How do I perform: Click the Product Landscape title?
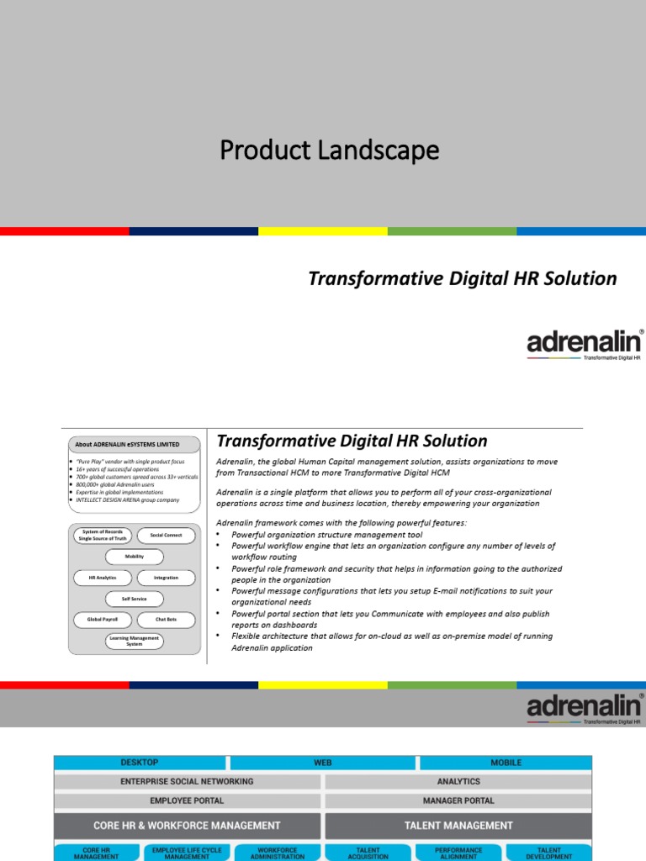[x=329, y=151]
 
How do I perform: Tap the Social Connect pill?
[x=166, y=535]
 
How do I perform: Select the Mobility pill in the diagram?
[x=134, y=557]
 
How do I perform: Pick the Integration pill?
[x=166, y=578]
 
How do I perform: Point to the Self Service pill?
[x=134, y=599]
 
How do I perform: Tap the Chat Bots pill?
[x=166, y=620]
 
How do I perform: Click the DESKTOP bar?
[x=140, y=763]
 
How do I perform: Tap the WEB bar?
[x=323, y=763]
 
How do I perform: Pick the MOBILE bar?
[x=506, y=763]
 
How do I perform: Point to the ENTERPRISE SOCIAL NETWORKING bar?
[x=187, y=781]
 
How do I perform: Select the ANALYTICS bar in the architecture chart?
[x=458, y=781]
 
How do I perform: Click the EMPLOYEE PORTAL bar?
[x=187, y=800]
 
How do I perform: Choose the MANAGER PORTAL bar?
[x=458, y=800]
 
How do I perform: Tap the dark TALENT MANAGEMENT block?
[x=458, y=826]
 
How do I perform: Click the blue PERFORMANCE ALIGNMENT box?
[x=458, y=853]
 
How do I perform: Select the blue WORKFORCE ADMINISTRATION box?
[x=277, y=853]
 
